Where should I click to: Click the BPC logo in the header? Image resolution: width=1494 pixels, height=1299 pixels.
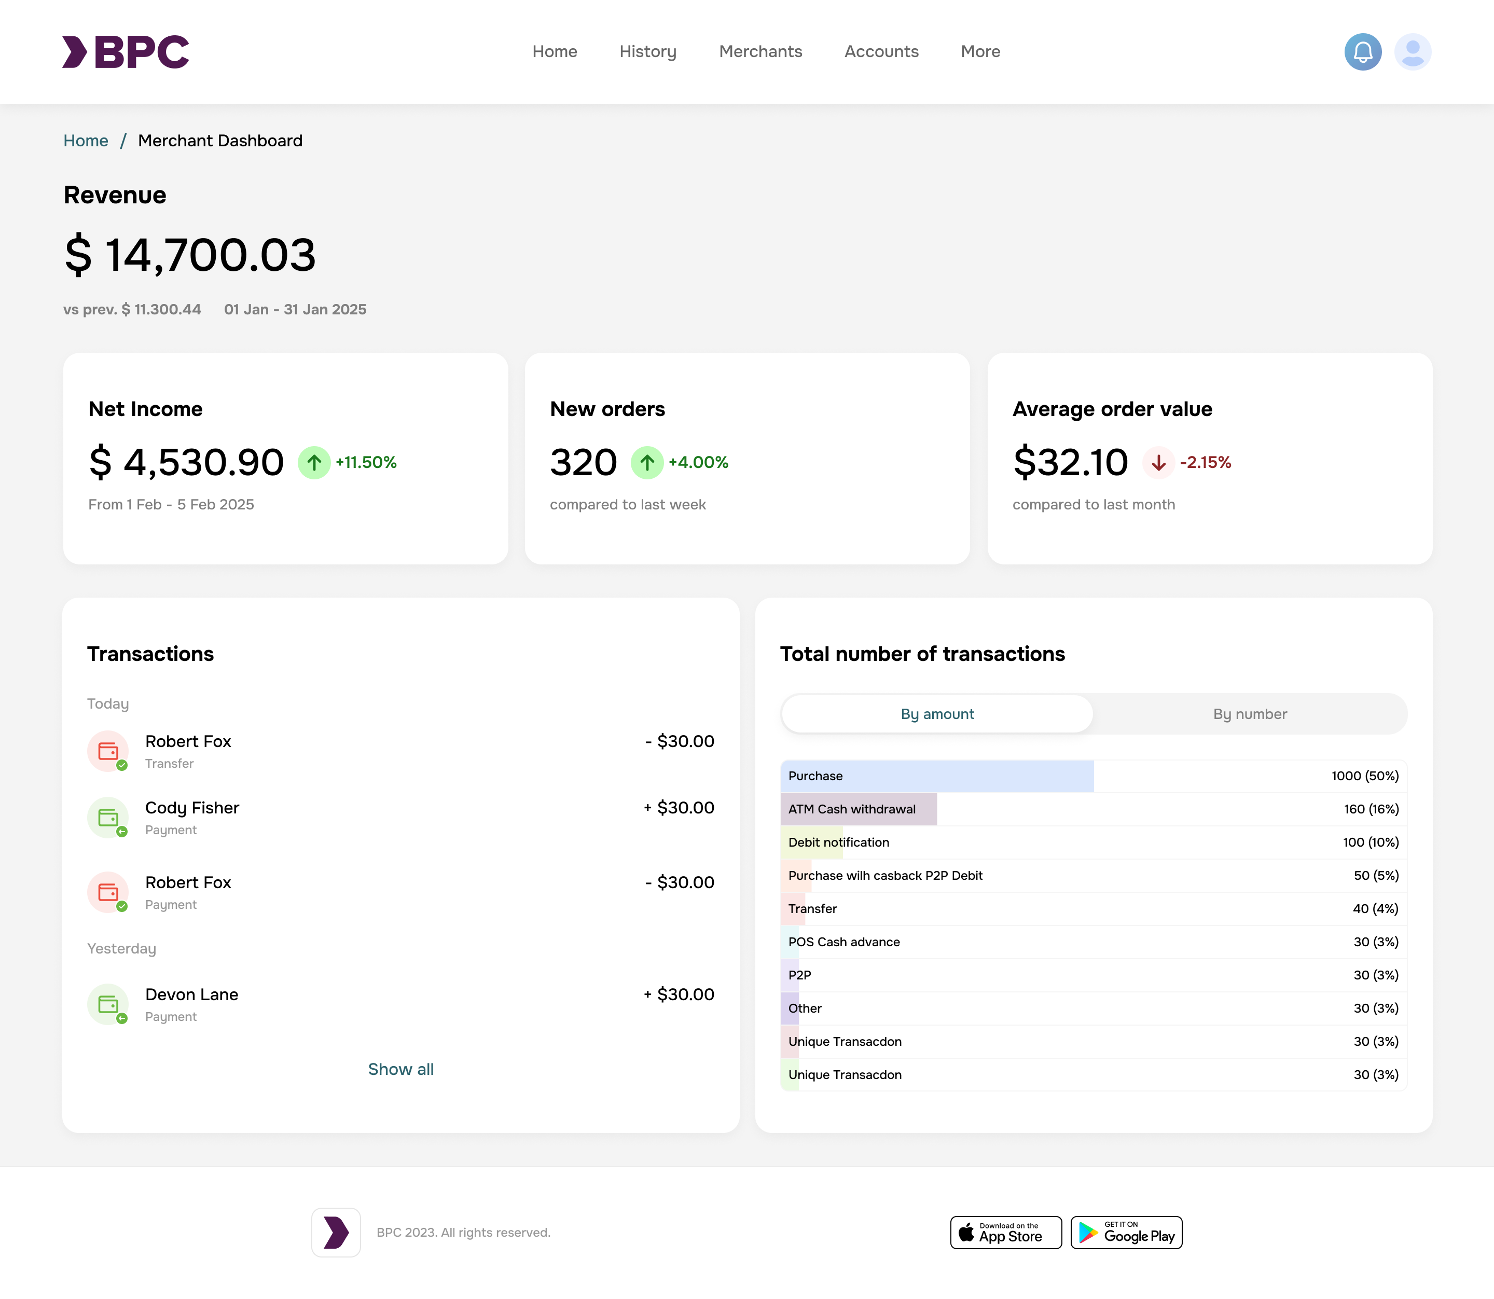pyautogui.click(x=126, y=51)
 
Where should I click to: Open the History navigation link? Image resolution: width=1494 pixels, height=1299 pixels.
pyautogui.click(x=647, y=51)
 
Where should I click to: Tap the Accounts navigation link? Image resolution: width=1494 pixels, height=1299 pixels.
pyautogui.click(x=881, y=51)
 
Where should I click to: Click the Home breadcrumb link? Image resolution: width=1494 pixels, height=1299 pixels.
pyautogui.click(x=86, y=141)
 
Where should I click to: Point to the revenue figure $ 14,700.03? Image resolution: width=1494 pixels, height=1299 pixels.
pyautogui.click(x=190, y=255)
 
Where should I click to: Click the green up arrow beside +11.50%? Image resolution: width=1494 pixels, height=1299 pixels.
pyautogui.click(x=314, y=462)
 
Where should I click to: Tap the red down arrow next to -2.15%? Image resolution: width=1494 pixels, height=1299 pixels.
pyautogui.click(x=1158, y=462)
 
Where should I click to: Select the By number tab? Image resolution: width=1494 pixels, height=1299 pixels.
pyautogui.click(x=1249, y=714)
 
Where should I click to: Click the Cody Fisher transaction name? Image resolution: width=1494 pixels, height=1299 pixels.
pyautogui.click(x=192, y=808)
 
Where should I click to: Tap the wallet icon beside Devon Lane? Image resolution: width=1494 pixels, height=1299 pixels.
pyautogui.click(x=108, y=1004)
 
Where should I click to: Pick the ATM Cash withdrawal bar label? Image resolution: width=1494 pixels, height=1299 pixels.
pyautogui.click(x=851, y=809)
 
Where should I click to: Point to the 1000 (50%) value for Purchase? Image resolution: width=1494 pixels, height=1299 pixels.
pyautogui.click(x=1364, y=776)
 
